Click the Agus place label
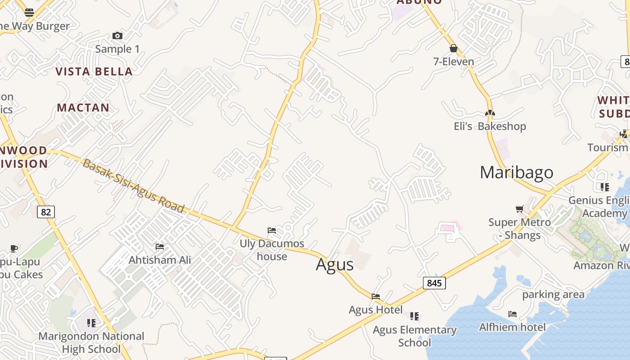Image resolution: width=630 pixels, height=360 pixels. tap(335, 265)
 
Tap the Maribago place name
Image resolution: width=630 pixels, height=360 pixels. tap(516, 172)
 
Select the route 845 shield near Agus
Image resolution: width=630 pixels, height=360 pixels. tap(434, 283)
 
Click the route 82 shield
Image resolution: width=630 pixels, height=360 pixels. tap(45, 211)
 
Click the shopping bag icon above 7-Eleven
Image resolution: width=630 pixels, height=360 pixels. tap(454, 48)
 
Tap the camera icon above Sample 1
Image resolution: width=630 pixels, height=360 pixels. tap(117, 36)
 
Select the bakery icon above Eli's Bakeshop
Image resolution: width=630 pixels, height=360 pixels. tap(490, 113)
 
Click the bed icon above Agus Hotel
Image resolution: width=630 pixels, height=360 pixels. tap(376, 296)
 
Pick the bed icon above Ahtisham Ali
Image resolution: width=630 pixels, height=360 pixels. tap(160, 246)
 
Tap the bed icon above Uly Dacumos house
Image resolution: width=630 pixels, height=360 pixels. tap(272, 230)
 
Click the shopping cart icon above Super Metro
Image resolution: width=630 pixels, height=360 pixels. tap(520, 209)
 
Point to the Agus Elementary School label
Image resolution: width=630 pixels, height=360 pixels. tap(414, 336)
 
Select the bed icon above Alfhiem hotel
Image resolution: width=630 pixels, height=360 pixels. tap(513, 314)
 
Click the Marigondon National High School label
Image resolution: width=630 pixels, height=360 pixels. tap(91, 342)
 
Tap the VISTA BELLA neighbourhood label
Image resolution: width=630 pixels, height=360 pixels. tap(94, 72)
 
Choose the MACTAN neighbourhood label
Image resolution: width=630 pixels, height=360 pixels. tap(83, 108)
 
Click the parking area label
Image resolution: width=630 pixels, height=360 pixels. tap(553, 295)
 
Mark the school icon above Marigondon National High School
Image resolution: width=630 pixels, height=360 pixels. tap(91, 323)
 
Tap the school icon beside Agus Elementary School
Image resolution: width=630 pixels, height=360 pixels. tap(414, 316)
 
